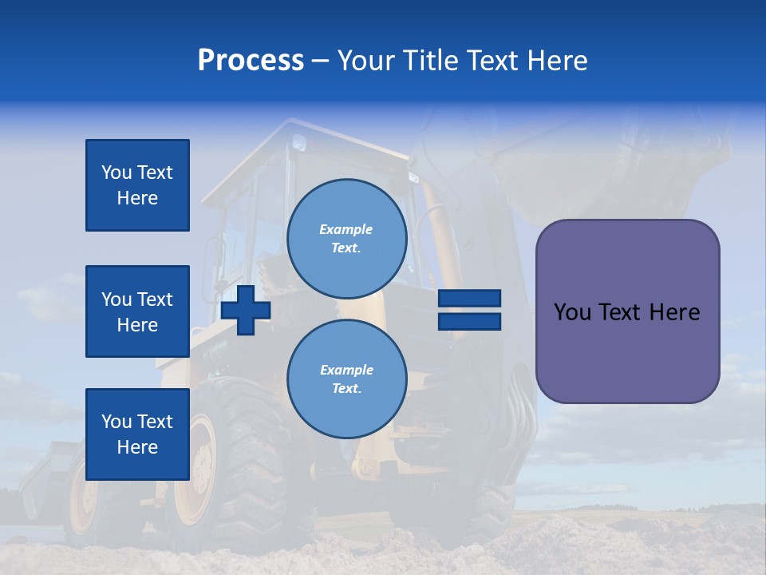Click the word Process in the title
click(251, 61)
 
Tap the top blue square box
click(137, 185)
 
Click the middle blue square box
click(137, 311)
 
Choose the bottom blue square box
click(137, 434)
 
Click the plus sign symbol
click(246, 310)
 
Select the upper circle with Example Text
click(346, 239)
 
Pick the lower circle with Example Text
click(346, 379)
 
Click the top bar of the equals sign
click(469, 299)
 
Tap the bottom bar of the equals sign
click(469, 321)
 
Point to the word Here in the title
click(557, 61)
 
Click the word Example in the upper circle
click(346, 229)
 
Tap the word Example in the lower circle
click(346, 370)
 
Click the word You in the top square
click(117, 172)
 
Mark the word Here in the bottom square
click(137, 447)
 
